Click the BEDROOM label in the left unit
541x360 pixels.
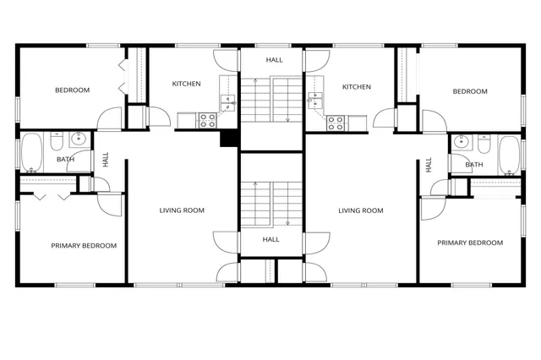(x=72, y=90)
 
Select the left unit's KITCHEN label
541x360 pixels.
(x=186, y=84)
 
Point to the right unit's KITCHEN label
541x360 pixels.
(x=356, y=86)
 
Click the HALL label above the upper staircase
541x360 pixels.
(x=274, y=60)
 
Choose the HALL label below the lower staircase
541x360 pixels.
(x=270, y=239)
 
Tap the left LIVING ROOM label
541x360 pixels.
(x=182, y=210)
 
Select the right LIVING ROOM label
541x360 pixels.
(x=361, y=210)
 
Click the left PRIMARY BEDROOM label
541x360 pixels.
(x=84, y=245)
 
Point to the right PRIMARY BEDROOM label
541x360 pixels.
(x=469, y=243)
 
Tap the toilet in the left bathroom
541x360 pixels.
(x=57, y=139)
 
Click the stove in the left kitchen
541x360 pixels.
(x=209, y=122)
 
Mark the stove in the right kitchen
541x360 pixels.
(x=335, y=122)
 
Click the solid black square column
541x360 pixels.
(x=227, y=139)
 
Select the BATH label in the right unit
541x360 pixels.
(x=474, y=165)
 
